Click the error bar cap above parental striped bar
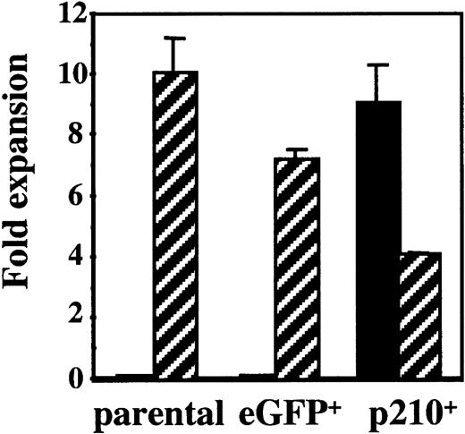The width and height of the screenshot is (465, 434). (175, 38)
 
